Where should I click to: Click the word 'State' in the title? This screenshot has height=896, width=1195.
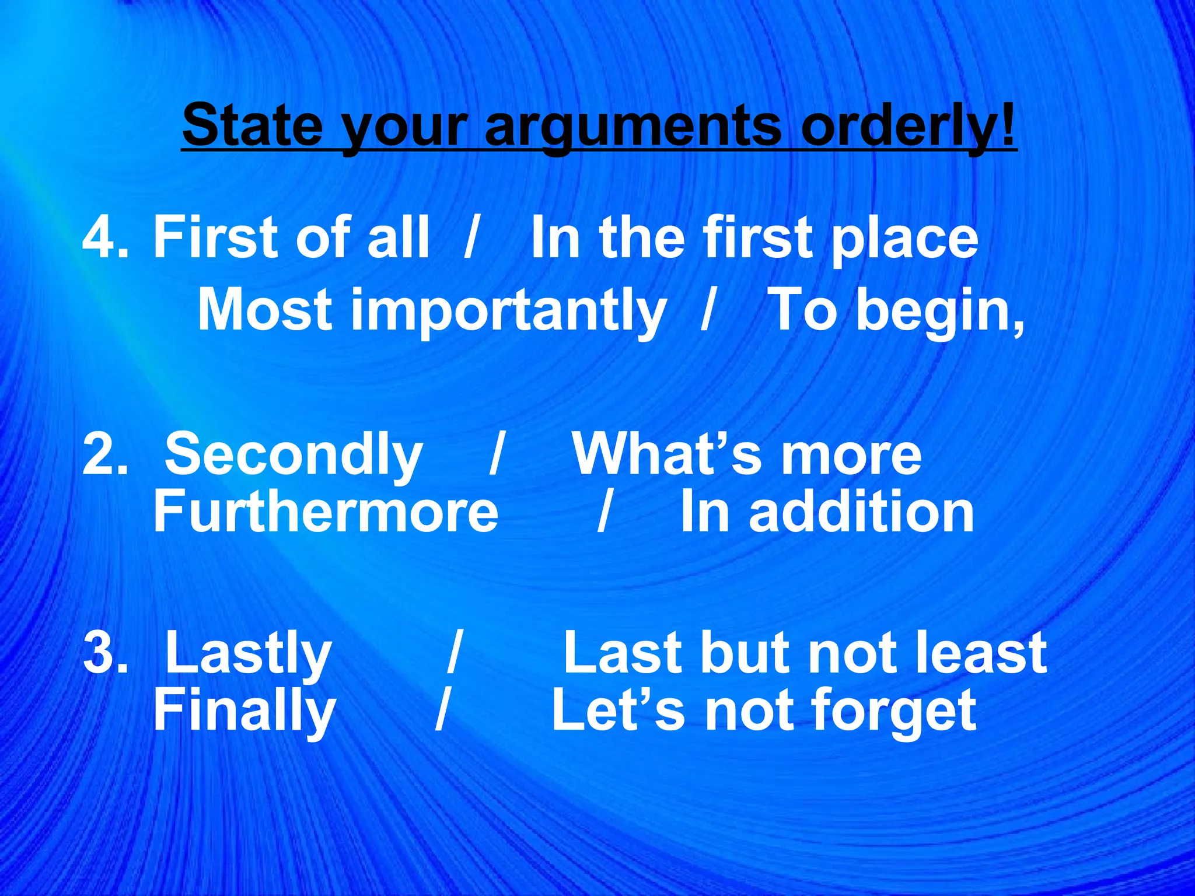tap(252, 124)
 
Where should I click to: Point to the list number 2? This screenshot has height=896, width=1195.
tap(104, 454)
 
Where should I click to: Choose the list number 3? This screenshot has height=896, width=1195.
tap(104, 653)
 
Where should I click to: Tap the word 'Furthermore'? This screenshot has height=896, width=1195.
tap(326, 512)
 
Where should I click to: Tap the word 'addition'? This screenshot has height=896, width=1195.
tap(861, 512)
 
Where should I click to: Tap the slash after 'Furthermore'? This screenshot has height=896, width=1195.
tap(604, 512)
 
